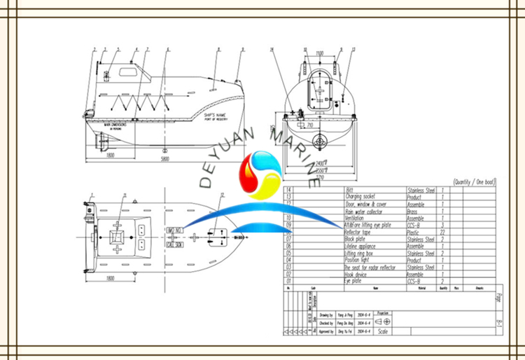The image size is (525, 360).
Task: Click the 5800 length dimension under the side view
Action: coord(164,160)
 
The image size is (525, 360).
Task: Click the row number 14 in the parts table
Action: coord(290,190)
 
